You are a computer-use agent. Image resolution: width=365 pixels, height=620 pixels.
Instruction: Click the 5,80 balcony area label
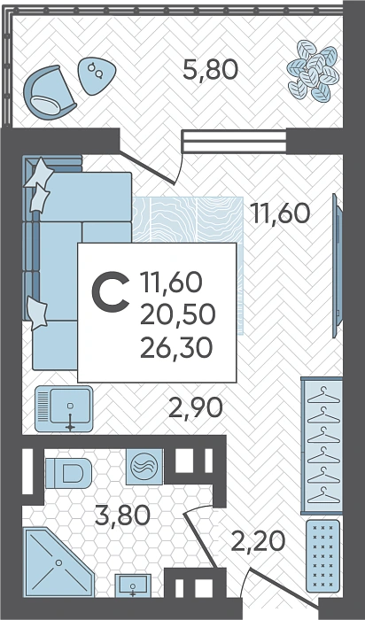point(210,70)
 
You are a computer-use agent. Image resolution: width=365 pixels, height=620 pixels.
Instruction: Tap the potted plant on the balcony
point(313,71)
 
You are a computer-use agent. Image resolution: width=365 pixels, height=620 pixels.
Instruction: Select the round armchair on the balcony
point(49,92)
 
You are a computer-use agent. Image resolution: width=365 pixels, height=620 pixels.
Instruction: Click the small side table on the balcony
point(97,76)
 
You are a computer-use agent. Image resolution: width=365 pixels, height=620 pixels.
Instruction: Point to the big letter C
point(111,291)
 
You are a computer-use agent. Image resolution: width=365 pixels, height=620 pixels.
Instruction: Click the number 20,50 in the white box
point(177,315)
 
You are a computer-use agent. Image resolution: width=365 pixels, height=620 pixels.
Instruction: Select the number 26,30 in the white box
point(176,348)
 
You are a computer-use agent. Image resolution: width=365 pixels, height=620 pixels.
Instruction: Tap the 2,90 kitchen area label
point(196,408)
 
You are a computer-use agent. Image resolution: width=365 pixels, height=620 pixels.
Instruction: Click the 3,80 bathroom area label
point(122,515)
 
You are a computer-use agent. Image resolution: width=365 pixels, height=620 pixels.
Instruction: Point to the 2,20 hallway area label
point(258,541)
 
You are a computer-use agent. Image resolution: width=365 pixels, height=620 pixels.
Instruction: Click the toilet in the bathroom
point(68,473)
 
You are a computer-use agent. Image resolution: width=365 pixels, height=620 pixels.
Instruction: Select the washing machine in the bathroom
point(144,467)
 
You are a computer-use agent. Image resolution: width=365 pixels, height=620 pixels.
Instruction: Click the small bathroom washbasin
point(133,585)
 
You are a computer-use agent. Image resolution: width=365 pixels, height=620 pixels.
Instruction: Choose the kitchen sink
point(64,409)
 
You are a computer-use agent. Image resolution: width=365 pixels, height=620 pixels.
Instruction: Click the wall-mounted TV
point(337,266)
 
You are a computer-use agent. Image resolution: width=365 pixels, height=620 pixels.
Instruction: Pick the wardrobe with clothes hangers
point(322,446)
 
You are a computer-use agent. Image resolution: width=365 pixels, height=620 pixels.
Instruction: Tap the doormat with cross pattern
point(323,555)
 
